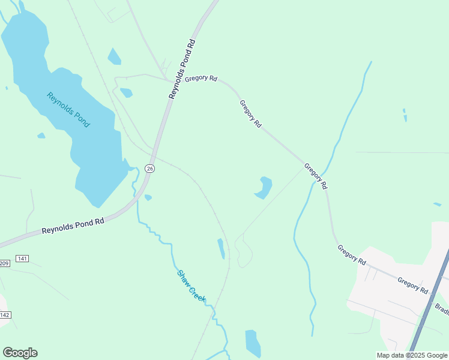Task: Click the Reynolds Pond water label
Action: tap(68, 109)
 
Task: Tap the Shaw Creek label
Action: tap(191, 286)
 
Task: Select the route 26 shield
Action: tap(150, 169)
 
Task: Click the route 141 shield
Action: tap(22, 259)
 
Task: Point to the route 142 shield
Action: tap(5, 315)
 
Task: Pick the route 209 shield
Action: tap(4, 263)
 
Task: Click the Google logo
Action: tap(20, 353)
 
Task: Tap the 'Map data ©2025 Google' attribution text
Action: tap(411, 355)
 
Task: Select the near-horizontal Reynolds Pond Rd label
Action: tap(73, 226)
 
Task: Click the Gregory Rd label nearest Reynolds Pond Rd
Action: tap(200, 79)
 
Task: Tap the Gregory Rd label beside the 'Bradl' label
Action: tap(412, 286)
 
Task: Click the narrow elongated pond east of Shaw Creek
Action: tap(221, 248)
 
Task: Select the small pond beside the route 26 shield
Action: tap(148, 197)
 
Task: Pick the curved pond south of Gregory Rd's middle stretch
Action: tap(264, 187)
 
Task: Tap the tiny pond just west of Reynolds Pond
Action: tap(41, 136)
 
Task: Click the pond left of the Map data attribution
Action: tap(253, 343)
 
